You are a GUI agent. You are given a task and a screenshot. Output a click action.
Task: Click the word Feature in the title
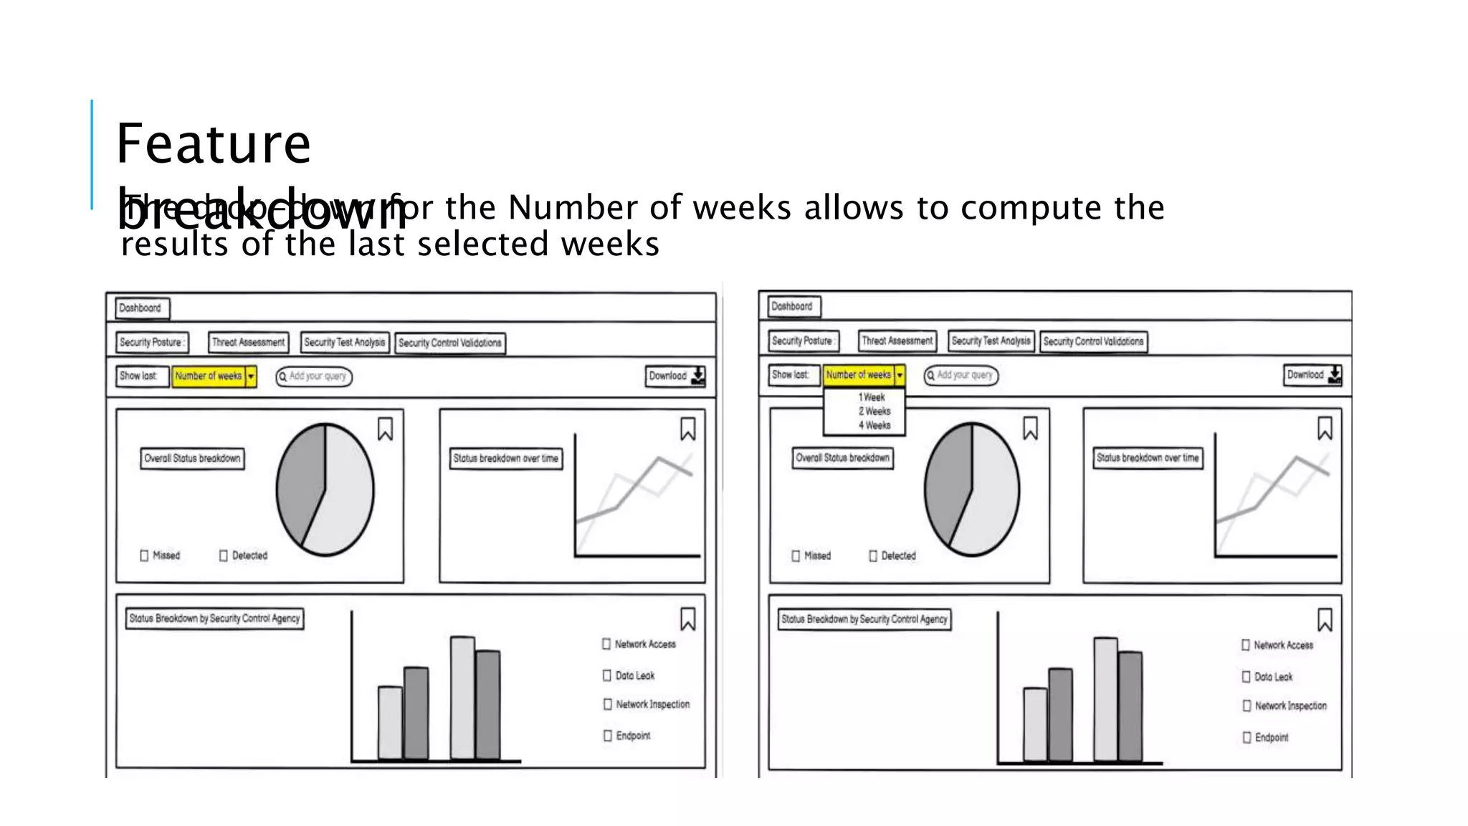coord(213,144)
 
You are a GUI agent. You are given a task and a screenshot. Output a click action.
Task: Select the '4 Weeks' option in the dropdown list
coord(874,425)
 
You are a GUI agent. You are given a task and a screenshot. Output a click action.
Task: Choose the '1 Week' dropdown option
coord(872,397)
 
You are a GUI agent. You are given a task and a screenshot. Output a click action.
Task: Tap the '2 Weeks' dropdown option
coord(874,412)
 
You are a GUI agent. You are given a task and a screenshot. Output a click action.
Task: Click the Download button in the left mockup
coord(676,376)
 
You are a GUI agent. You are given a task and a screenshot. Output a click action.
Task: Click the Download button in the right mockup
coord(1313,374)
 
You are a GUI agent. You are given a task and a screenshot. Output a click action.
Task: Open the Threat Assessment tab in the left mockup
coord(248,343)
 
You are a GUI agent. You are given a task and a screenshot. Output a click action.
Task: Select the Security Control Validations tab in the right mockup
coord(1093,341)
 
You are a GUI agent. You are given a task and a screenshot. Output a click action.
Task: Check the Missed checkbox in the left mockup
coord(144,556)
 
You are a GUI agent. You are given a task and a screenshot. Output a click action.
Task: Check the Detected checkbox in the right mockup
coord(873,556)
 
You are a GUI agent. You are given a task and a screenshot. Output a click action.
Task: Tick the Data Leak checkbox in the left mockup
coord(607,675)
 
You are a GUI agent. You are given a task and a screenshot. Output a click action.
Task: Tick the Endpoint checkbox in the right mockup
coord(1247,737)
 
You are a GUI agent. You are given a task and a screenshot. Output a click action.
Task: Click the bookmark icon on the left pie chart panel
coord(385,429)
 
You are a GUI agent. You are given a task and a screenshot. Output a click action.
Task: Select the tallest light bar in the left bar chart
coord(462,697)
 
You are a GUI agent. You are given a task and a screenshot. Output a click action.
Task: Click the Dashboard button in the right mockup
coord(792,306)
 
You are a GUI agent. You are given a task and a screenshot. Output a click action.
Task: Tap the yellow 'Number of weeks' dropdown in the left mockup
coord(214,376)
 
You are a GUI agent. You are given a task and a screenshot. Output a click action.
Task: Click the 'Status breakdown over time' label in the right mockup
coord(1148,457)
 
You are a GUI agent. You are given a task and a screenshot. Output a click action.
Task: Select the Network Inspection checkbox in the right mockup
coord(1247,706)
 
